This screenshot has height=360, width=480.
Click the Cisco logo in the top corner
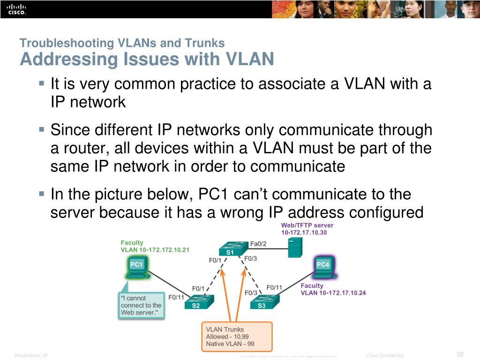click(14, 9)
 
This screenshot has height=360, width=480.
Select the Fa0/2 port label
click(258, 243)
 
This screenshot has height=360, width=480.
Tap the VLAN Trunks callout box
click(237, 337)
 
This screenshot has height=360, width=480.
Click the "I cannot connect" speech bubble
click(141, 305)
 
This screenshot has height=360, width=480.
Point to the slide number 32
click(459, 354)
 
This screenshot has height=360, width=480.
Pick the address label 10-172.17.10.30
click(304, 232)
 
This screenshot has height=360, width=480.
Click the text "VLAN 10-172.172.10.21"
click(155, 250)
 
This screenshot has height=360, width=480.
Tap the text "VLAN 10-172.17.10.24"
click(333, 293)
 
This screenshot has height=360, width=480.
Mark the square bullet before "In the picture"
click(42, 193)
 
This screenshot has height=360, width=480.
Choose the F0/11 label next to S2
click(176, 297)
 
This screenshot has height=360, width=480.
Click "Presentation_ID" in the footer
click(31, 356)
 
